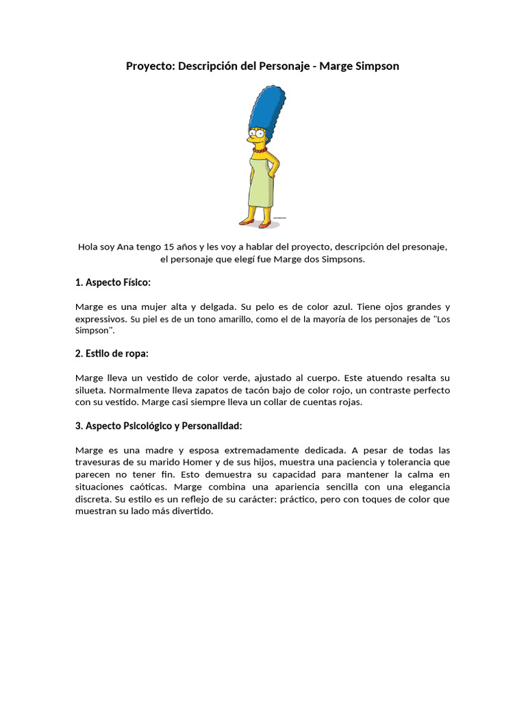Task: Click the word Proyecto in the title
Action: click(149, 66)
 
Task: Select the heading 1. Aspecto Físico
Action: click(112, 282)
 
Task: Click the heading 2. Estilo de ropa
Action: click(112, 354)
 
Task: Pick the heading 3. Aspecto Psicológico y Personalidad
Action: click(159, 426)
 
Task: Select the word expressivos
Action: click(100, 319)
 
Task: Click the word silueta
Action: click(92, 390)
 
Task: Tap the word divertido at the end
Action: click(192, 511)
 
